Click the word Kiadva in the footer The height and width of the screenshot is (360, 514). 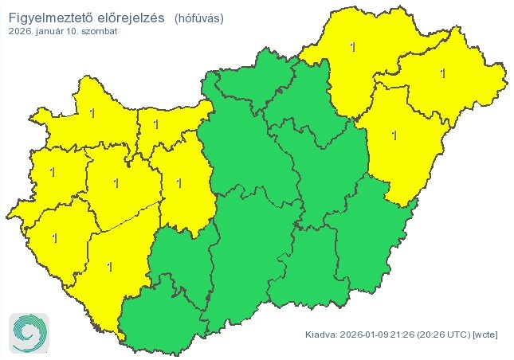coord(320,335)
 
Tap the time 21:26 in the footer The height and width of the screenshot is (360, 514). coord(402,335)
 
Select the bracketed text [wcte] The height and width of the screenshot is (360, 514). coord(485,335)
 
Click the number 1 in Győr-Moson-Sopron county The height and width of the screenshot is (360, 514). coord(92,113)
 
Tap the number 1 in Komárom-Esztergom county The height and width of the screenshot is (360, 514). coord(155,125)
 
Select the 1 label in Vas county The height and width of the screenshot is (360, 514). coord(53,171)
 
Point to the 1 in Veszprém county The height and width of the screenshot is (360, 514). coord(116,183)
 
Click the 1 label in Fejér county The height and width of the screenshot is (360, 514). coord(179,183)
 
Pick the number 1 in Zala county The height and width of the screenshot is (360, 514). coord(54,237)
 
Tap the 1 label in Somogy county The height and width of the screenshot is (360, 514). coord(109,266)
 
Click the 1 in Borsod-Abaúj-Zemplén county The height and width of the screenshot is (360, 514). coord(353,47)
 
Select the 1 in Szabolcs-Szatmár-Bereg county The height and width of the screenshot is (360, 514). coord(444,74)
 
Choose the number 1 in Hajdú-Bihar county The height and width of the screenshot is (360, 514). coord(394,135)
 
